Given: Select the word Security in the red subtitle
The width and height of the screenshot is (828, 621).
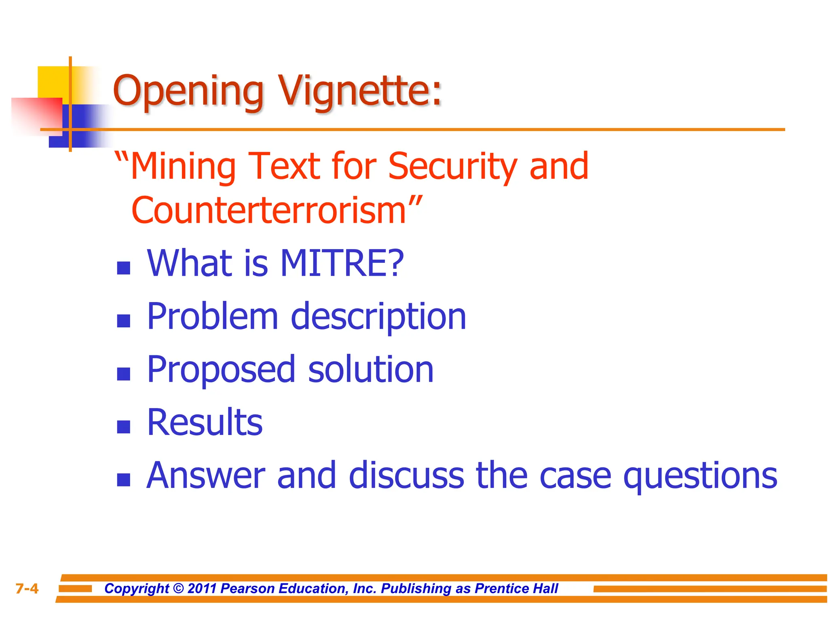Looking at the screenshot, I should [x=453, y=167].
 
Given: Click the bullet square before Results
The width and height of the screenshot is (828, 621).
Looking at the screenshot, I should [x=123, y=427].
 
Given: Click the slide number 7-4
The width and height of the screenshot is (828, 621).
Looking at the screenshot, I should [x=27, y=589].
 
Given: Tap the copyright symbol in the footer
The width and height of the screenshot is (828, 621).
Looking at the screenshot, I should [x=178, y=588].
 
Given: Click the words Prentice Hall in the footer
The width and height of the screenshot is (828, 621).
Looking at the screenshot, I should [x=516, y=588].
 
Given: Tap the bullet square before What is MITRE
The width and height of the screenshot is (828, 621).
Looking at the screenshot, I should [x=123, y=268].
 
